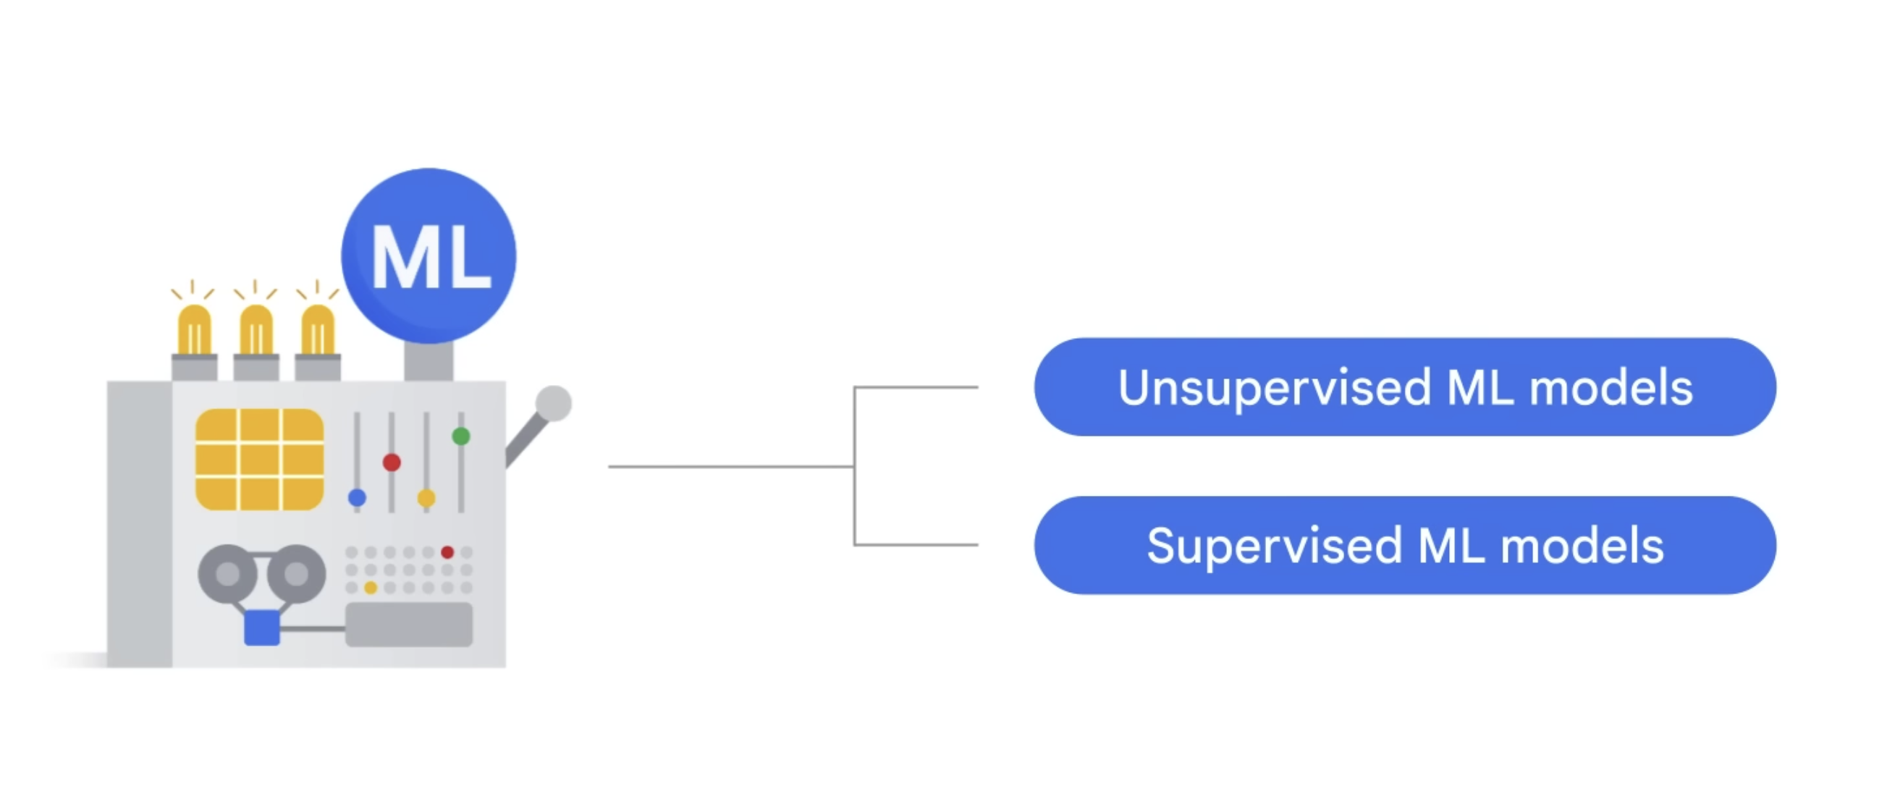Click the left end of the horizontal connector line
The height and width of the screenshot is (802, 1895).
coord(609,466)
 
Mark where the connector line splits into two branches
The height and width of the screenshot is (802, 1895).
coord(854,466)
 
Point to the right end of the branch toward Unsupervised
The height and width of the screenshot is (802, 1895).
coord(978,387)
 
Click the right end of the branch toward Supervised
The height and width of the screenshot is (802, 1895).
coord(978,545)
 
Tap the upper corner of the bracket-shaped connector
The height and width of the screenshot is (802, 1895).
coord(854,387)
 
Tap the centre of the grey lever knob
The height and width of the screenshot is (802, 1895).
coord(553,403)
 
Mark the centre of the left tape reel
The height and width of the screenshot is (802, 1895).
coord(227,573)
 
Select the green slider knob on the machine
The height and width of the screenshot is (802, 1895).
coord(461,436)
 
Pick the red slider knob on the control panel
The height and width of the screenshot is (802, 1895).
coord(392,462)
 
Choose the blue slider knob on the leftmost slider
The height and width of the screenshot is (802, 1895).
coord(358,498)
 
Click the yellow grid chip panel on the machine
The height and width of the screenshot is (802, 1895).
coord(260,460)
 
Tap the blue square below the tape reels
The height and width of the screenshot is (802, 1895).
coord(262,628)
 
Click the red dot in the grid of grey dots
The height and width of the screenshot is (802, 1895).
coord(447,552)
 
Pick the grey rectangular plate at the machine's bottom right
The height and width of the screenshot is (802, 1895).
coord(409,625)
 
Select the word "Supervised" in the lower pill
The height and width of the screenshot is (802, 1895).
coord(1275,546)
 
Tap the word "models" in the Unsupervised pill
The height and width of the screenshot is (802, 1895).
coord(1611,388)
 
